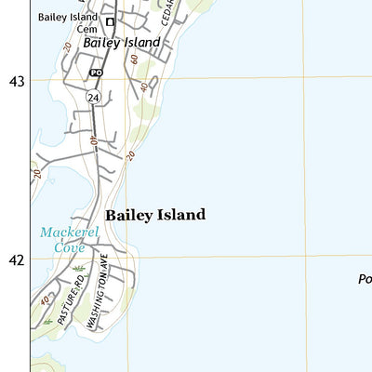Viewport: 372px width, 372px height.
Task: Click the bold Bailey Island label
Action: point(154,215)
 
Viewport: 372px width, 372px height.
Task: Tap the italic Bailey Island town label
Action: point(122,43)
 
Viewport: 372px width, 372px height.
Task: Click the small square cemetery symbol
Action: point(109,21)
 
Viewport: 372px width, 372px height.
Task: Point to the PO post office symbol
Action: point(96,72)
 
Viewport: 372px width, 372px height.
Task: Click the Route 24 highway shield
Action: point(94,97)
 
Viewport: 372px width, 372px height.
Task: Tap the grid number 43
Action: point(16,82)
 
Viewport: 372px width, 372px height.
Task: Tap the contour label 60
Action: point(135,59)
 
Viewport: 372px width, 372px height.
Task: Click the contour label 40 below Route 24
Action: point(94,141)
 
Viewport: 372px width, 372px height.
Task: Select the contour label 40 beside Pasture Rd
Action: point(45,299)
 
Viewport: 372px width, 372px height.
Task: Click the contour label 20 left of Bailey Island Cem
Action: point(67,46)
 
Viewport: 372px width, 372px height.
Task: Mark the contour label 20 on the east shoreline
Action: point(130,155)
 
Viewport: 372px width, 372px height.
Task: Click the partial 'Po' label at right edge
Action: point(365,279)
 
